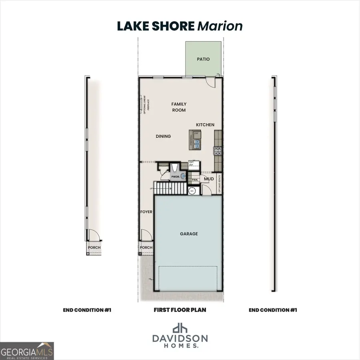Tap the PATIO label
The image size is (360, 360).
[203, 59]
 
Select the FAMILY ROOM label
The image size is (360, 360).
[179, 107]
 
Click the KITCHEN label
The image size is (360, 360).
[205, 125]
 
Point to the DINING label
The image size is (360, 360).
[163, 136]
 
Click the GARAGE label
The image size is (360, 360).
[189, 234]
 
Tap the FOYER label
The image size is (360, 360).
[146, 212]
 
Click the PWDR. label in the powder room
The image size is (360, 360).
[175, 176]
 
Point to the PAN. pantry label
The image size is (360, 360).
[195, 180]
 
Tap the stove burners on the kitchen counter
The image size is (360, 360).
[218, 151]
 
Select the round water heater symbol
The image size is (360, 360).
[192, 191]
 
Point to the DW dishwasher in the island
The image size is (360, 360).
[197, 134]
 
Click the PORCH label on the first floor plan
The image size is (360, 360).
[146, 247]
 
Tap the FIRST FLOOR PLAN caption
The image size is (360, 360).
[180, 310]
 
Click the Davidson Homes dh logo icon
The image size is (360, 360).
[180, 328]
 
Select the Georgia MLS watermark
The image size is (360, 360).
[27, 351]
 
